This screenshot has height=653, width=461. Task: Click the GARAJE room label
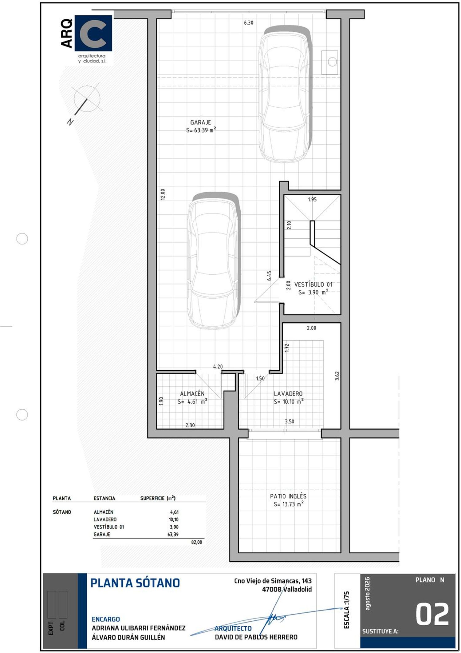tap(200, 122)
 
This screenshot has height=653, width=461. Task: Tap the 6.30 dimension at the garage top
tap(249, 23)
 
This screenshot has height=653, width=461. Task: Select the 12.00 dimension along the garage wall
tap(163, 194)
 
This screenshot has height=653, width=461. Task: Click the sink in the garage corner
tap(329, 62)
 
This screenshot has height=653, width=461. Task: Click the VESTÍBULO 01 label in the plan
tap(313, 285)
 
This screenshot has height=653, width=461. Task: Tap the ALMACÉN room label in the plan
tap(192, 394)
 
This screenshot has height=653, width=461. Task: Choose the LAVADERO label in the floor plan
tap(288, 394)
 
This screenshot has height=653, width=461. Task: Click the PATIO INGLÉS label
tap(288, 496)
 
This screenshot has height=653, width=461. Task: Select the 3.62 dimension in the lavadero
tap(337, 376)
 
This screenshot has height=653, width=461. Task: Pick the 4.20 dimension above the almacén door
tap(218, 367)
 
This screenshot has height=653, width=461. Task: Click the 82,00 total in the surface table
tap(197, 542)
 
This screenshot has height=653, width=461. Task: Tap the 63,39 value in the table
tap(173, 535)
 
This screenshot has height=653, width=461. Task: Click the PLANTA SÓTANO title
tap(135, 583)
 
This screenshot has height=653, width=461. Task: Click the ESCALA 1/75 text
tap(347, 610)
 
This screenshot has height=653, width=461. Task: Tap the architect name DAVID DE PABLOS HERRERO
tap(256, 637)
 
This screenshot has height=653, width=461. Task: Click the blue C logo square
tap(93, 33)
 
